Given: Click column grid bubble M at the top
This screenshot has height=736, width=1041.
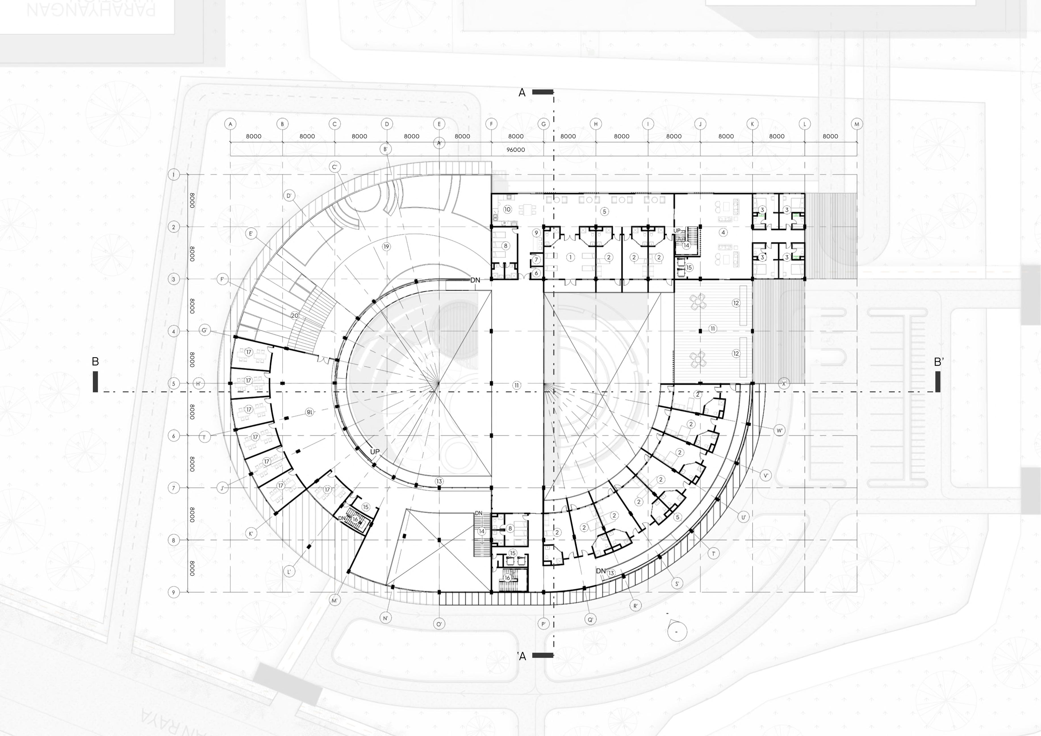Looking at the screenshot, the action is point(856,124).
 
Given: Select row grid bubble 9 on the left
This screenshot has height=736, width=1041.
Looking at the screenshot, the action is point(173,592).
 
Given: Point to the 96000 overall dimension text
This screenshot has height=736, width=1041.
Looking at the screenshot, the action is point(515,150).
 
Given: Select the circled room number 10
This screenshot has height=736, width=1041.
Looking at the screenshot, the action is point(507,210).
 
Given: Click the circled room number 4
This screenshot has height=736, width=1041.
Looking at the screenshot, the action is point(723,232).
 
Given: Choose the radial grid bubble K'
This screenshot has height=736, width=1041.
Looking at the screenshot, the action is point(251,534).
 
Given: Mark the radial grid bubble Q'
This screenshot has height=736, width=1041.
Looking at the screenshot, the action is point(590,620).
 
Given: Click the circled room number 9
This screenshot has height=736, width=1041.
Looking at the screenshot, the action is point(536,233).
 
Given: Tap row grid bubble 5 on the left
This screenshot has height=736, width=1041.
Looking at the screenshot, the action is point(173,384).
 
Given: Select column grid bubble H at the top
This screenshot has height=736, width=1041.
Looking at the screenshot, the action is point(596,124).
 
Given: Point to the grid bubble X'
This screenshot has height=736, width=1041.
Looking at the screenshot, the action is point(784,384).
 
